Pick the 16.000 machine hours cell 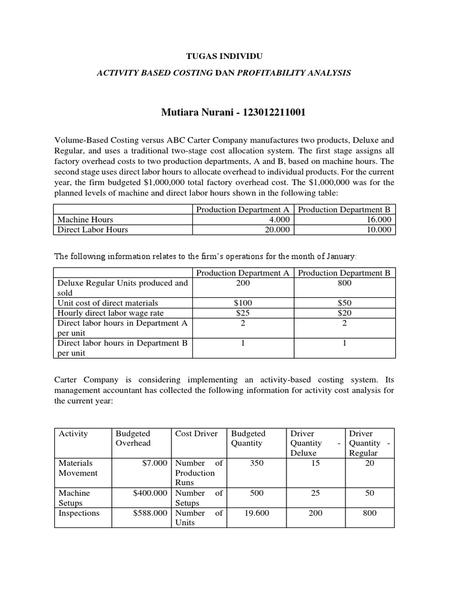(379, 220)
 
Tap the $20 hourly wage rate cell (344, 312)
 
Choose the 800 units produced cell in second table (344, 283)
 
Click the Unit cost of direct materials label (108, 303)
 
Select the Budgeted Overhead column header (133, 438)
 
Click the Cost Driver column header (196, 433)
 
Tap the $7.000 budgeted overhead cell (156, 463)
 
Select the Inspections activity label (79, 513)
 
